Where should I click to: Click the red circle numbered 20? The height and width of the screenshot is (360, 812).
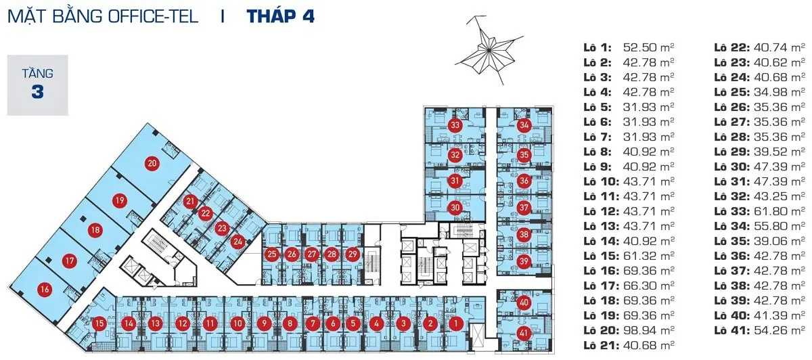click(152, 163)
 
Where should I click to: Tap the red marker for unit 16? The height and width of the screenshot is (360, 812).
click(45, 290)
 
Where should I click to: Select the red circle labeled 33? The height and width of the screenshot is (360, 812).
click(455, 125)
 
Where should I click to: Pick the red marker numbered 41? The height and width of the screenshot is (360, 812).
click(524, 332)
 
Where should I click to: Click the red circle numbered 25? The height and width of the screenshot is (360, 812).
click(272, 254)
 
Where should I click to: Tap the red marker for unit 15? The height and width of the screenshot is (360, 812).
click(99, 323)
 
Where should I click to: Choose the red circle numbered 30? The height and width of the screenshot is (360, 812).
click(455, 208)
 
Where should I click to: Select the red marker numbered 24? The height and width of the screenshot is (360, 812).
click(238, 240)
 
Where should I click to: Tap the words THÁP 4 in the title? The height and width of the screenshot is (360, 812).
click(280, 16)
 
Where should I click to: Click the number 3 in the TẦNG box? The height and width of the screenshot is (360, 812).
click(37, 92)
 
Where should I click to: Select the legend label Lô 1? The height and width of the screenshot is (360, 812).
click(597, 48)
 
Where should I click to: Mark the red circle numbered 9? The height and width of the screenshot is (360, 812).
click(263, 323)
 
